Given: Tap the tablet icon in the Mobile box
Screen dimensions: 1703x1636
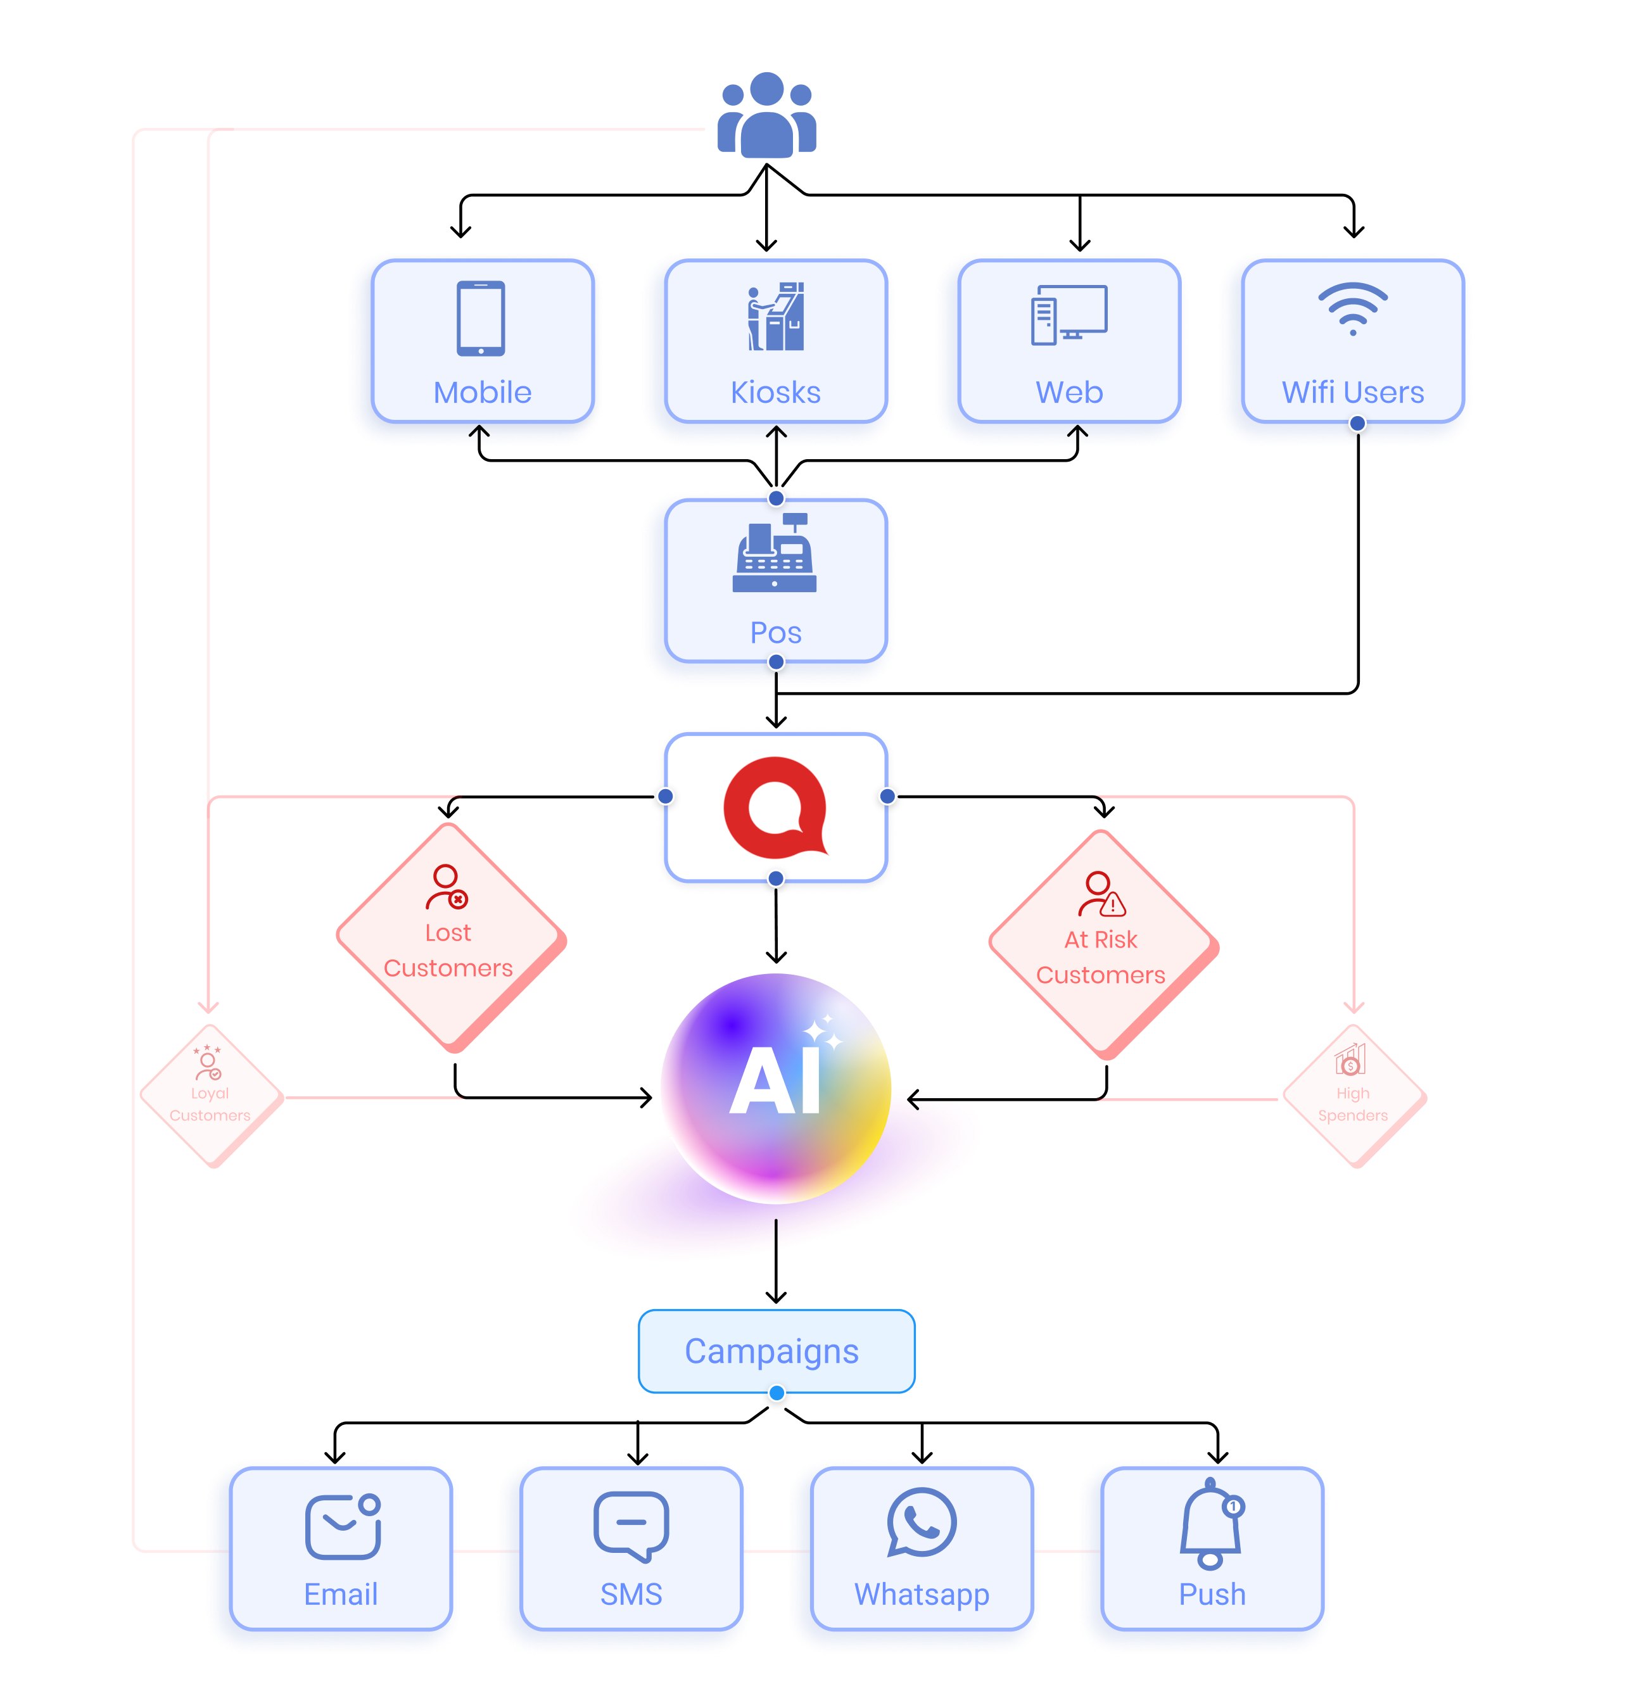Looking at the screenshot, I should tap(481, 318).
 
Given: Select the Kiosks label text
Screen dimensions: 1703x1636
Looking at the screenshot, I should tap(775, 393).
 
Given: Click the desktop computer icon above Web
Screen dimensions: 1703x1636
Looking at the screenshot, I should tap(1068, 315).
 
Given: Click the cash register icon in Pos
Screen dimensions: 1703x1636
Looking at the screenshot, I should tap(774, 554).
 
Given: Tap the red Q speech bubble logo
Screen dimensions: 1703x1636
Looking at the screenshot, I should tap(774, 806).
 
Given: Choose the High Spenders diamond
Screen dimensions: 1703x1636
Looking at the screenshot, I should tap(1353, 1096).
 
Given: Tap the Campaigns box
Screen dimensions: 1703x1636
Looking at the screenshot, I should tap(776, 1351).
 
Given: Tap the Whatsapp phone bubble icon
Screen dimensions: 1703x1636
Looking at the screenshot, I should tap(921, 1523).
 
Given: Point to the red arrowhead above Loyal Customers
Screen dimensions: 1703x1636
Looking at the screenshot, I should tap(208, 1007).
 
